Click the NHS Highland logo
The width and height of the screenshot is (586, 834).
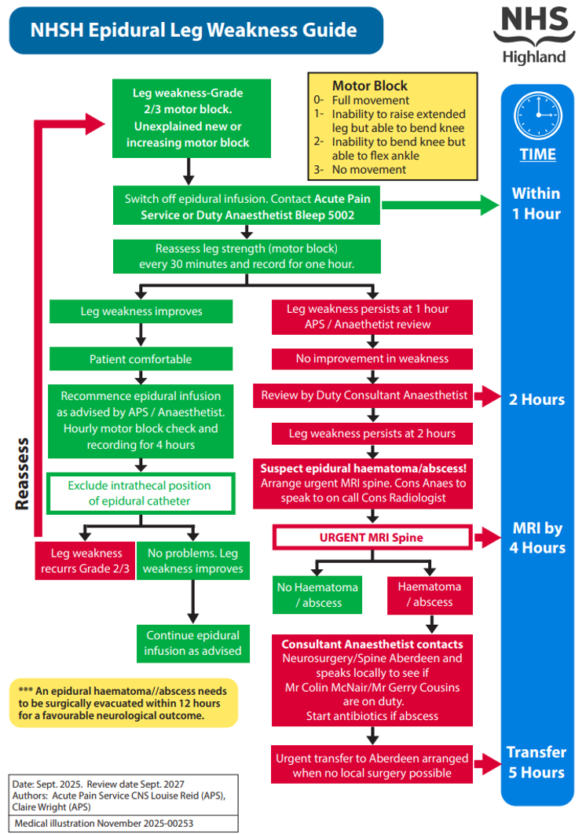tap(529, 35)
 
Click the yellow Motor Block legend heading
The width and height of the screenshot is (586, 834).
tap(370, 86)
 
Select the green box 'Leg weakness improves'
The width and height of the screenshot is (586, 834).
tap(141, 311)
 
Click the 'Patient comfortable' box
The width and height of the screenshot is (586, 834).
tap(141, 359)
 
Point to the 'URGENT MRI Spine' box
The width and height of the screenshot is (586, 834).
tap(372, 538)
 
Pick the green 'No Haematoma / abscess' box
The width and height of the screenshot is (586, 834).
tap(317, 595)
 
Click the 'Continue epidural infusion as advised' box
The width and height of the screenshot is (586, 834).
tap(192, 643)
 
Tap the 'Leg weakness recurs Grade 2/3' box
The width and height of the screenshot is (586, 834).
tap(84, 560)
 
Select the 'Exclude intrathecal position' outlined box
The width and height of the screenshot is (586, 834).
tap(141, 494)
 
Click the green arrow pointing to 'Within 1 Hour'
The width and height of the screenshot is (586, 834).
tap(440, 205)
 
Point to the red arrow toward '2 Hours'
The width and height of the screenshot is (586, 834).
tap(488, 396)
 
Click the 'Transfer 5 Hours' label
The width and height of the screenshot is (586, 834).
tap(537, 762)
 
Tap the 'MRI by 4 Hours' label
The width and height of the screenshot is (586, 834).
tap(537, 537)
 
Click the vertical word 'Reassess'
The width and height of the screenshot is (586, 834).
tap(24, 475)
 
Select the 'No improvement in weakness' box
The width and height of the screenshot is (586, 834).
tap(372, 358)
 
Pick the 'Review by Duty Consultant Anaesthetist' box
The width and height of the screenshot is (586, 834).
tap(364, 395)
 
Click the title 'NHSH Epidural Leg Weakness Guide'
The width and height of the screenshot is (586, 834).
tap(194, 31)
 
